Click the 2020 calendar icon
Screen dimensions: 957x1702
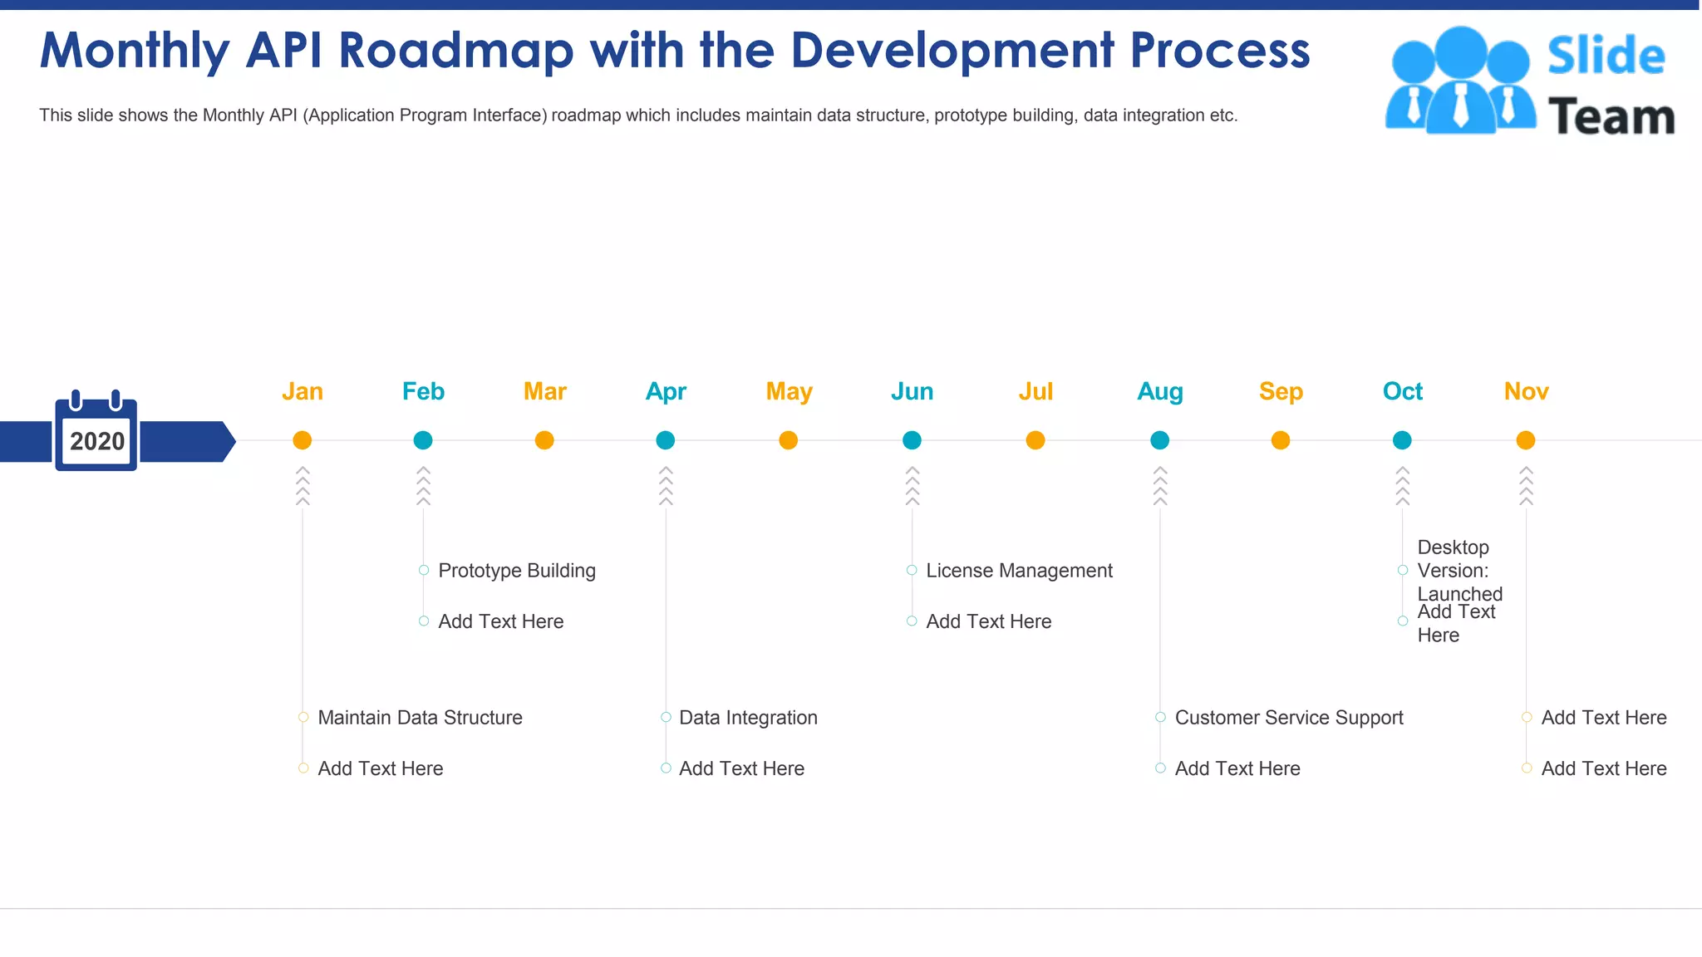pos(96,432)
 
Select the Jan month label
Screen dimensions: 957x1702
pos(303,391)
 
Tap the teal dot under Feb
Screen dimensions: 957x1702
pos(423,440)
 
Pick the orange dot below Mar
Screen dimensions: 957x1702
pos(544,440)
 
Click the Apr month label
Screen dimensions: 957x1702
pos(666,391)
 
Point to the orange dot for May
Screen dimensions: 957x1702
pos(789,440)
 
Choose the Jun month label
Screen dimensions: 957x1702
pos(912,391)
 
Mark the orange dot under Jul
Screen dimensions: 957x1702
pos(1035,440)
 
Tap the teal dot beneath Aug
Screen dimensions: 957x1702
pos(1160,440)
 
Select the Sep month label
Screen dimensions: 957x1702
pos(1281,391)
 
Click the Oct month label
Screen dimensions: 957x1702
pos(1402,391)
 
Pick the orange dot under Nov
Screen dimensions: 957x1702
pos(1526,440)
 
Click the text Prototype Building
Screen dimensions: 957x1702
pos(517,571)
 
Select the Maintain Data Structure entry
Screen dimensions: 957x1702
pos(420,718)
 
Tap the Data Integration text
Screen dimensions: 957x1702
pos(748,718)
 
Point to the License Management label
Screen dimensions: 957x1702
pos(1019,571)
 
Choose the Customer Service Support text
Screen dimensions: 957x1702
pos(1289,718)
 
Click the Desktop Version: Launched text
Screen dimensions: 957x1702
pos(1459,571)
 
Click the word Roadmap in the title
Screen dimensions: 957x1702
pos(456,51)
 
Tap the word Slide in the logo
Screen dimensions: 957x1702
pos(1606,56)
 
